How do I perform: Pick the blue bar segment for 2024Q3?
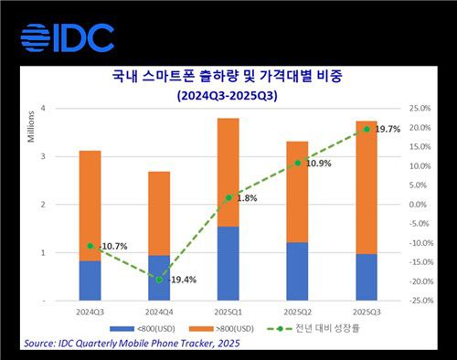pos(90,280)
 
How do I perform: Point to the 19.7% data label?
pos(388,130)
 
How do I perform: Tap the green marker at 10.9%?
pos(298,163)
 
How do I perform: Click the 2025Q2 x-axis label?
pos(297,310)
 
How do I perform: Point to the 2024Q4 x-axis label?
pos(158,310)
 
